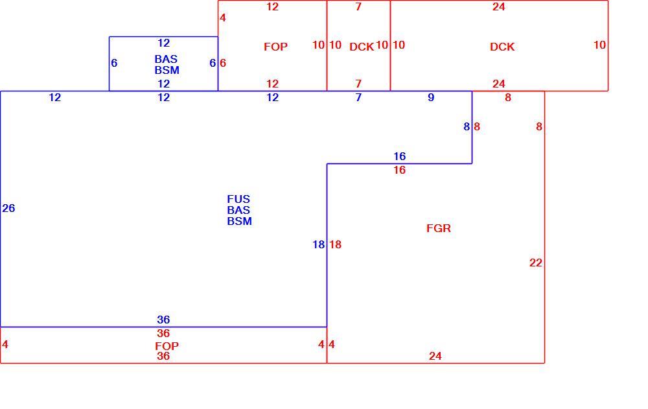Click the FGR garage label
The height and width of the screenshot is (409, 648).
coord(439,228)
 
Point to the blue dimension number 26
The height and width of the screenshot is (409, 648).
coord(8,208)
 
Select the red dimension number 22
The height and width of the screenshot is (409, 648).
coord(536,263)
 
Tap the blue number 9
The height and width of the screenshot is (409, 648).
coord(431,97)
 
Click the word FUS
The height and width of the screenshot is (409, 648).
coord(238,199)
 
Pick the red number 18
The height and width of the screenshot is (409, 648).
coord(335,244)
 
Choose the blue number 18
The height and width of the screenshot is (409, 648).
coord(319,244)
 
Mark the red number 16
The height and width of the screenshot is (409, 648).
coord(399,170)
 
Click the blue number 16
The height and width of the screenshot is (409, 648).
coord(399,156)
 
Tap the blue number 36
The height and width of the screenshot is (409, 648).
coord(163,320)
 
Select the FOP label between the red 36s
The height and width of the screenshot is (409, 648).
coord(167,345)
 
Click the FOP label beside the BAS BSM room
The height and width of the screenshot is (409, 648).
coord(275,47)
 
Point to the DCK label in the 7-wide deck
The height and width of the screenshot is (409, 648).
coord(362,47)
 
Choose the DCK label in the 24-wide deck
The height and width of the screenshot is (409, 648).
coord(502,47)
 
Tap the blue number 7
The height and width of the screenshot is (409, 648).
coord(358,97)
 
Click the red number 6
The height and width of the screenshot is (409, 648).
coord(223,63)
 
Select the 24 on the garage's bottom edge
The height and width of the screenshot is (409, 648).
coord(435,356)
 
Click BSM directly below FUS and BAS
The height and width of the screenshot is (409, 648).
coord(239,221)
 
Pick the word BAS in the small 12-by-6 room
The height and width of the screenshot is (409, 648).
coord(166,59)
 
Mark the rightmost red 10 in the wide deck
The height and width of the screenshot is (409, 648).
coord(599,45)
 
